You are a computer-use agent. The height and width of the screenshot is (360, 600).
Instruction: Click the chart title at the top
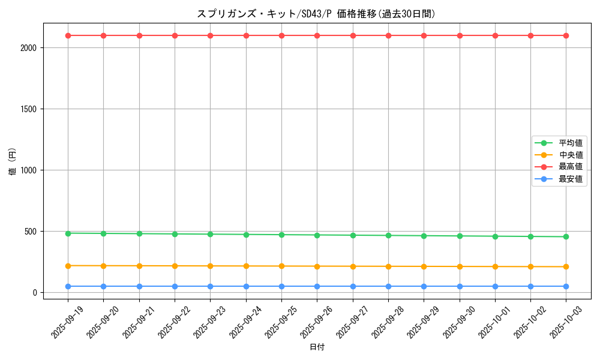click(316, 14)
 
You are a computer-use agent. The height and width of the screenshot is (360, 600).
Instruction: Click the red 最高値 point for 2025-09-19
click(68, 35)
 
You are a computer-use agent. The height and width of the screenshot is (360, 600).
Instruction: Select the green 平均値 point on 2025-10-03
click(566, 236)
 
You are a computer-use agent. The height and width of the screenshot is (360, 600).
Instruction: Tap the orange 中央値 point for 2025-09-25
click(281, 266)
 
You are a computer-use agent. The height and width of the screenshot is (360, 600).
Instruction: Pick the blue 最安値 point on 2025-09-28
click(388, 286)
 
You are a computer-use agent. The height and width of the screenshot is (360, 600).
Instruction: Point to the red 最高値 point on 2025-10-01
click(495, 35)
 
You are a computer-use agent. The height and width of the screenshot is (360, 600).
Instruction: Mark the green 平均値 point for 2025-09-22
click(175, 234)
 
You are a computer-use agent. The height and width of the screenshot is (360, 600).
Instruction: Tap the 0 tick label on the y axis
click(35, 293)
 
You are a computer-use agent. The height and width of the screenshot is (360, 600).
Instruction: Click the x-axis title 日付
click(317, 347)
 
